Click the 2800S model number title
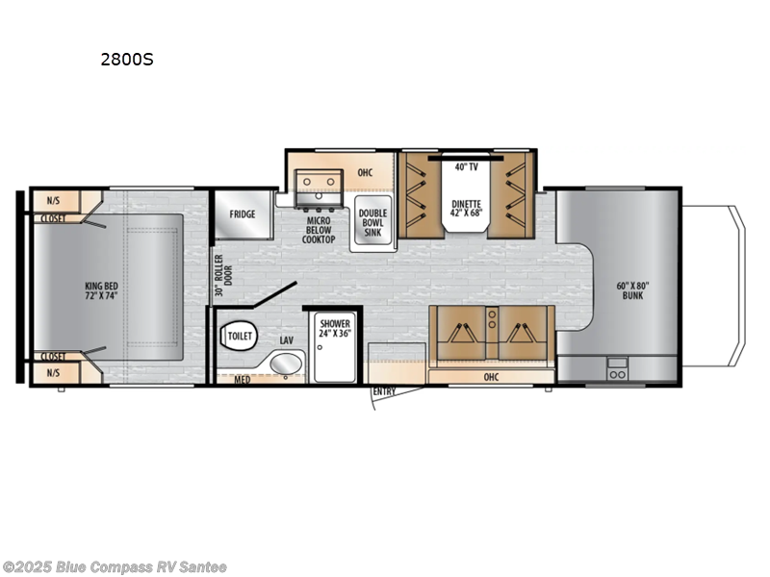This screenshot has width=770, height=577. (127, 59)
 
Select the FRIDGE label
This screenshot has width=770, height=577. (243, 214)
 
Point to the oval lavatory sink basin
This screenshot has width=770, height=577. (284, 364)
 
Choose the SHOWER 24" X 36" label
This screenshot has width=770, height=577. (336, 328)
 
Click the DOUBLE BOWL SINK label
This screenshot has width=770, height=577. (372, 224)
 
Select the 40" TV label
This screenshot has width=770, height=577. (466, 167)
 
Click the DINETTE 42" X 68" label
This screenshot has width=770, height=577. (467, 208)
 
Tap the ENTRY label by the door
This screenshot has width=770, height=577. (384, 391)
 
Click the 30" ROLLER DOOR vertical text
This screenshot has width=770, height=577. (218, 275)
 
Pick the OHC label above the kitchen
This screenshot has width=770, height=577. (365, 173)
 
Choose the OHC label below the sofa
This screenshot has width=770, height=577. (491, 377)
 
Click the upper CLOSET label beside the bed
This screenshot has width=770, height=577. (54, 218)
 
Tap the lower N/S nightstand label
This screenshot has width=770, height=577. (52, 372)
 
